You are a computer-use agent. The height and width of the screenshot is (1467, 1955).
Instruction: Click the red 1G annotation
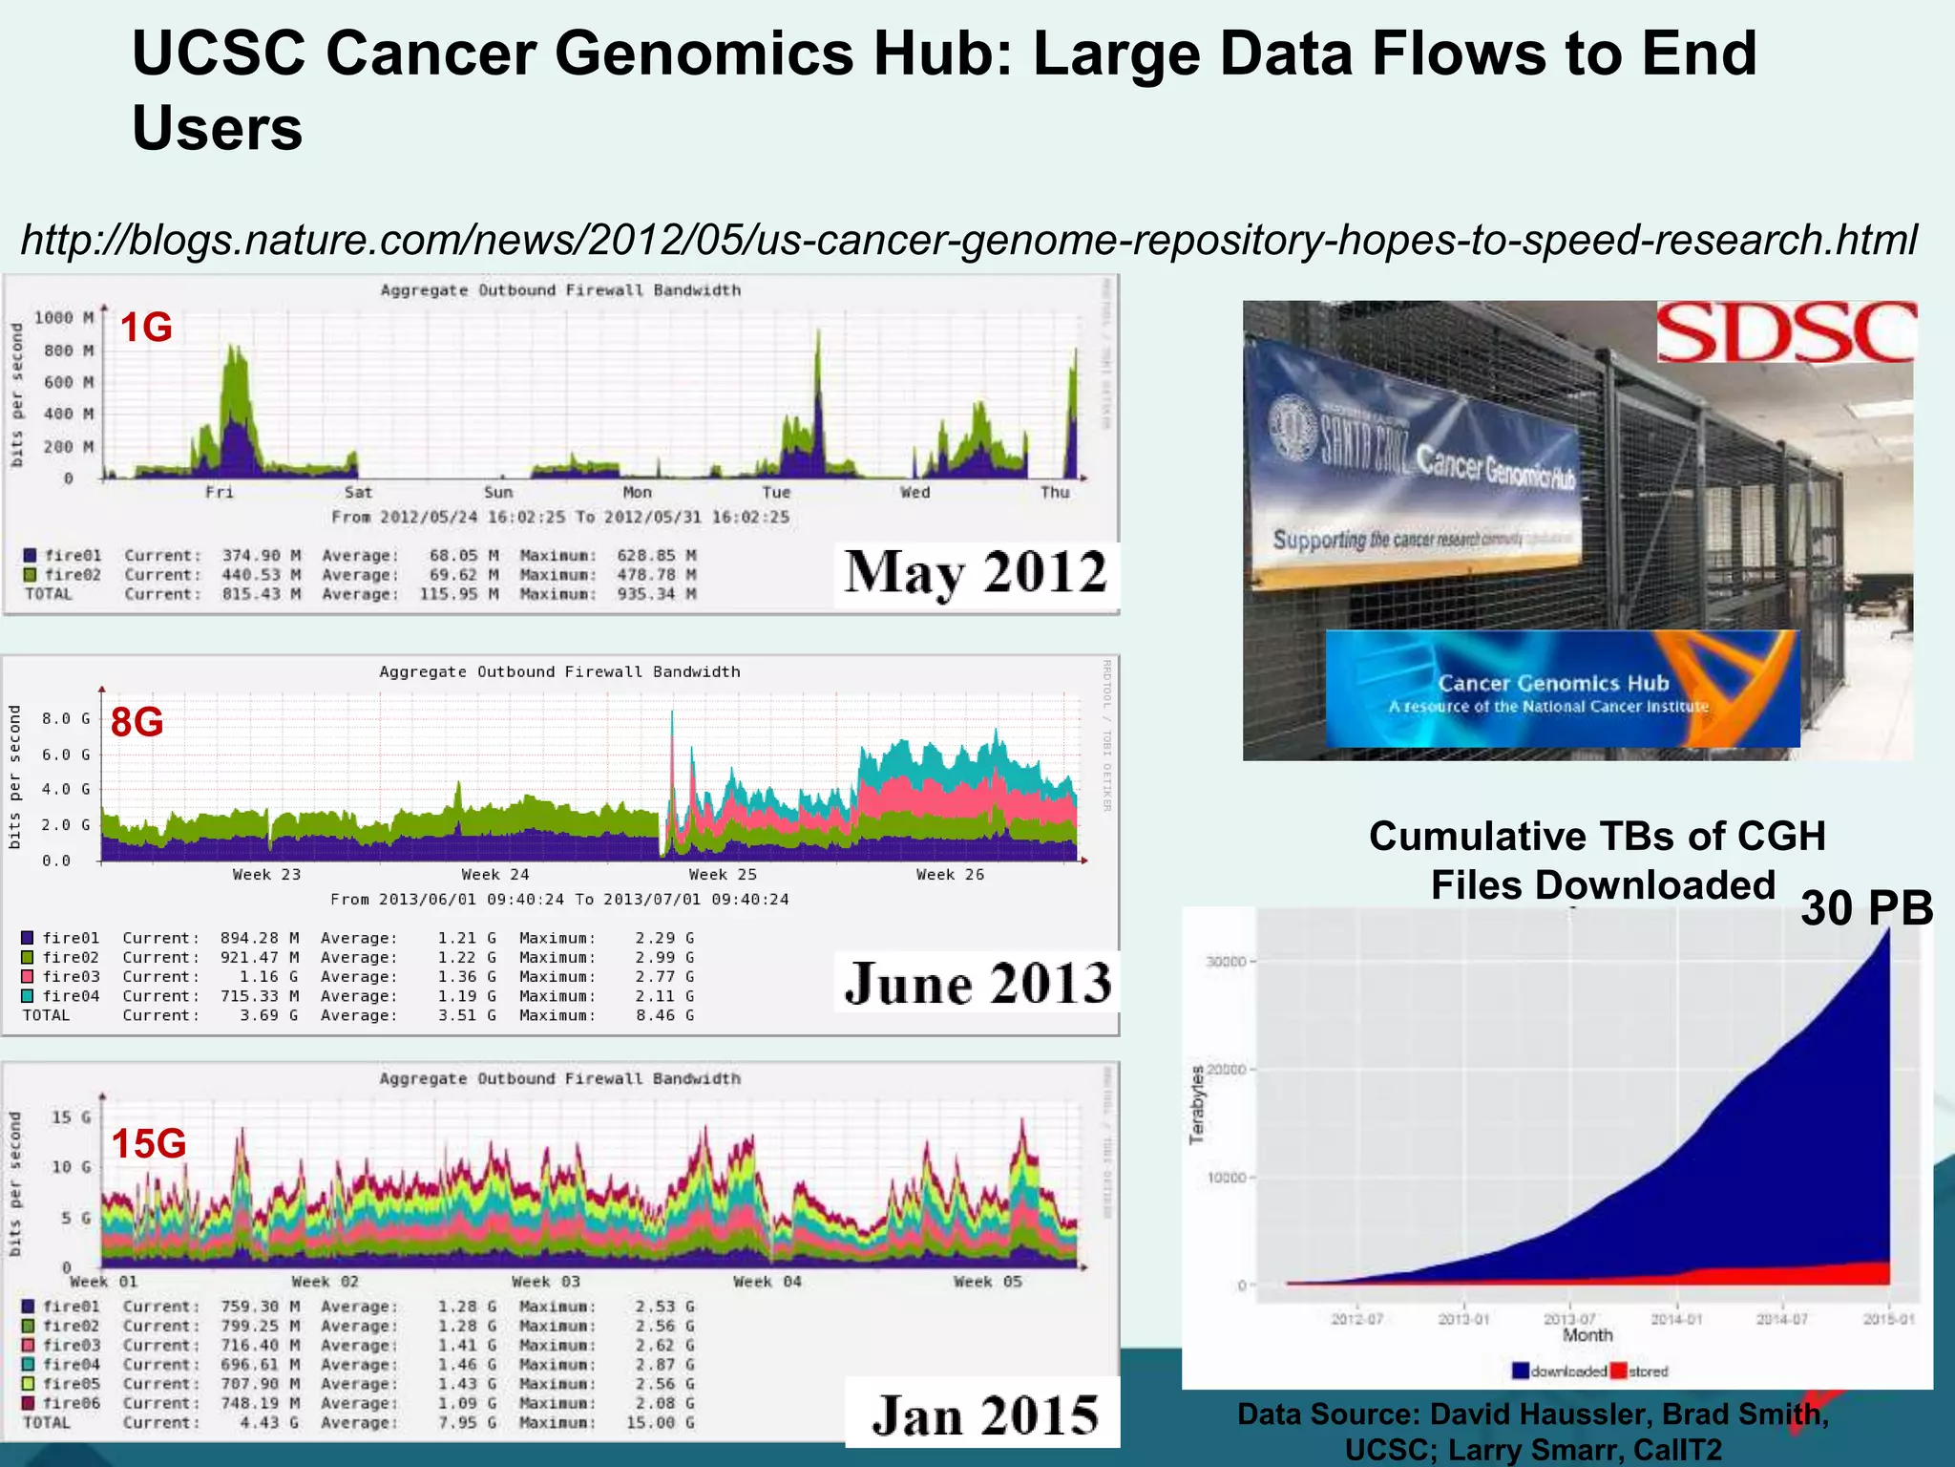coord(146,328)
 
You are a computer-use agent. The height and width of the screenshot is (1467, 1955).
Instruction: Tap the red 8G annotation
coord(137,722)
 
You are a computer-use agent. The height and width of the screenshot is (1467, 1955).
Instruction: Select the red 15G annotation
coord(148,1143)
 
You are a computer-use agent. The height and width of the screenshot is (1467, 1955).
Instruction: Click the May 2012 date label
coord(975,573)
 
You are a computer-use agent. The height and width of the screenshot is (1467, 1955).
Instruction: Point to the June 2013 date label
coord(977,983)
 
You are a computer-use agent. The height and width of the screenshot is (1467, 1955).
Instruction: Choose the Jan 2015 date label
coord(984,1414)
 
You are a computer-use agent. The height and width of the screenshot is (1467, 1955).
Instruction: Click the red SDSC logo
coord(1786,332)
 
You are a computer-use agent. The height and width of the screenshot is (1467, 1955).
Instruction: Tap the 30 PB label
coord(1866,907)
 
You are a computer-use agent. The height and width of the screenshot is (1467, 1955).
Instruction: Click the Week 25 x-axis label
coord(723,875)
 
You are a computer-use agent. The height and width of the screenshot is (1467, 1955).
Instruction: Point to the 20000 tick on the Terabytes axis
coord(1226,1070)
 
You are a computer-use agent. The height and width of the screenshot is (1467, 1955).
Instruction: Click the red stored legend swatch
coord(1618,1371)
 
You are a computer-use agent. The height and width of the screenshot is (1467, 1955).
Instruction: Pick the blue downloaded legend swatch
coord(1521,1371)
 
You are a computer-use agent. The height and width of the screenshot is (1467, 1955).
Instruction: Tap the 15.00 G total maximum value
coord(661,1422)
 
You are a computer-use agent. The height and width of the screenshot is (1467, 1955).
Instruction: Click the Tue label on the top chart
coord(776,493)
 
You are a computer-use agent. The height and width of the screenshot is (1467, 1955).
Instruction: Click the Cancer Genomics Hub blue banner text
coord(1553,684)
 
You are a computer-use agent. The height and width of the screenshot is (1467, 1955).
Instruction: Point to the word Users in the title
coord(217,128)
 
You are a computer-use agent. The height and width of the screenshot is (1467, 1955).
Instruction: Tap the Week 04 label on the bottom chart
coord(767,1282)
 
